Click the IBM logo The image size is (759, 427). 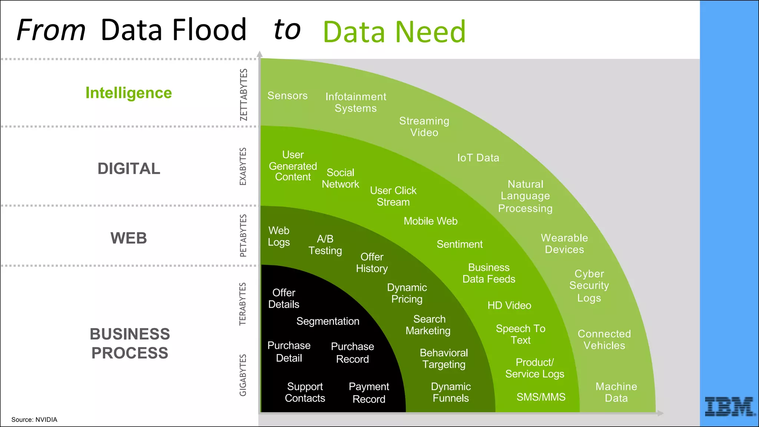coord(729,406)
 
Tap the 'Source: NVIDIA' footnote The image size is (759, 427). coord(34,420)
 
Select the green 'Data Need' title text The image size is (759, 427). coord(394,32)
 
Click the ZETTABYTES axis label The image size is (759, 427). coord(243,95)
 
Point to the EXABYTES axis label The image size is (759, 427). coord(243,166)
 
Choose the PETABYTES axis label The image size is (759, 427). coord(243,236)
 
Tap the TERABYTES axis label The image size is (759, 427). coord(243,304)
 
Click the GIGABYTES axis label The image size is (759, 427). coord(243,375)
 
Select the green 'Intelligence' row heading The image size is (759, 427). coord(129,93)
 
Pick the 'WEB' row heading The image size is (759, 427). coord(129,238)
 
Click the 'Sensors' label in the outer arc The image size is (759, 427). coord(288,96)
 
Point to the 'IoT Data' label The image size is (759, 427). coord(478,158)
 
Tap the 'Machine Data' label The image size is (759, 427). coord(616,392)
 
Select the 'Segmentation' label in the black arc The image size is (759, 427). coord(328,321)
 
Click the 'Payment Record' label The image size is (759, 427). coord(369,393)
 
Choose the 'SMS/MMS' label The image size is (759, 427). coord(541,397)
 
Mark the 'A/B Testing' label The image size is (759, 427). coord(325,245)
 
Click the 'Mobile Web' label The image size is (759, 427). coord(431,221)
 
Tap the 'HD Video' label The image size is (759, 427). coord(509,305)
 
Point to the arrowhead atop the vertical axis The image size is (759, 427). coord(260,54)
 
